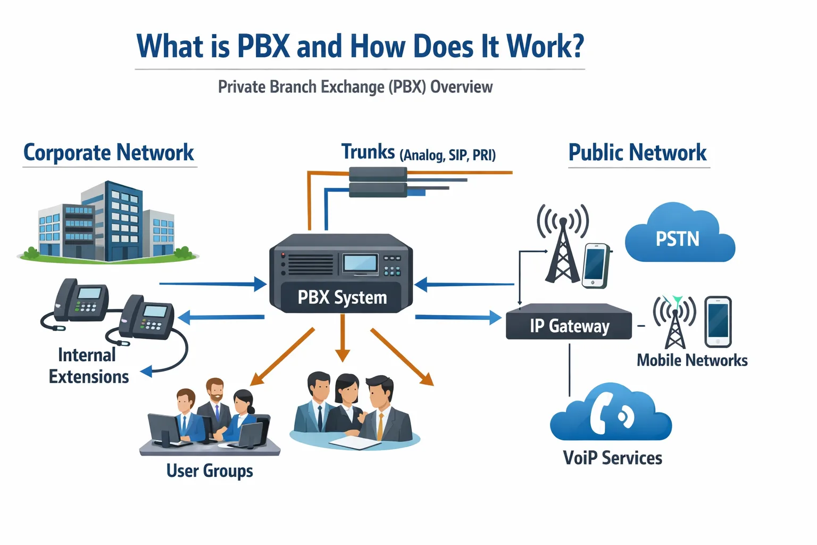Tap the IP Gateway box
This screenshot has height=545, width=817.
pyautogui.click(x=569, y=324)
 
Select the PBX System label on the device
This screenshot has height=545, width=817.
pyautogui.click(x=342, y=297)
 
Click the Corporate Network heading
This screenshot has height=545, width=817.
pyautogui.click(x=109, y=153)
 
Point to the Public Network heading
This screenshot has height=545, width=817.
pyautogui.click(x=637, y=153)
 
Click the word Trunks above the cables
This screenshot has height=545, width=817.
pyautogui.click(x=368, y=152)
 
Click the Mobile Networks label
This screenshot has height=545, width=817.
pyautogui.click(x=691, y=360)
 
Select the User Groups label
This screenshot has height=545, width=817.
pyautogui.click(x=210, y=470)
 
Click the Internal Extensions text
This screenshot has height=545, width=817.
pyautogui.click(x=88, y=366)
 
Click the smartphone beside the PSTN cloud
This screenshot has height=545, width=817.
pyautogui.click(x=596, y=265)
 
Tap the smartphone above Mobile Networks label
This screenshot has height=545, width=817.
pyautogui.click(x=718, y=321)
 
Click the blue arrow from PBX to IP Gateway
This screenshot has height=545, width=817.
pyautogui.click(x=457, y=318)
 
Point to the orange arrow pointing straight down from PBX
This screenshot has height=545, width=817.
pyautogui.click(x=343, y=338)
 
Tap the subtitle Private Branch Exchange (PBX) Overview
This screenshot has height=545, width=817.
pyautogui.click(x=355, y=87)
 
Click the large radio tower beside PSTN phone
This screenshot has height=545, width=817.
pyautogui.click(x=562, y=245)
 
